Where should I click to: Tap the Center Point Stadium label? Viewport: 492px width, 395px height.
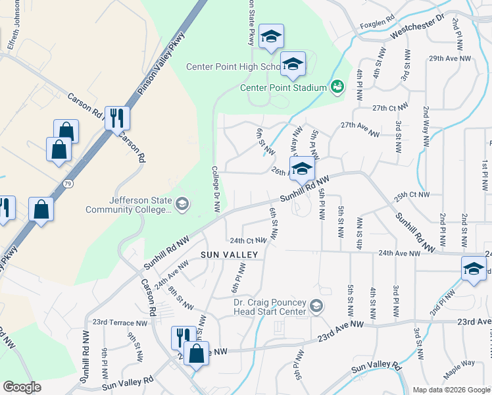pyautogui.click(x=283, y=88)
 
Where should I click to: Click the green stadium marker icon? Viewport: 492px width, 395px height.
pyautogui.click(x=337, y=86)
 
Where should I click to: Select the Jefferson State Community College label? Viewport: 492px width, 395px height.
pyautogui.click(x=128, y=205)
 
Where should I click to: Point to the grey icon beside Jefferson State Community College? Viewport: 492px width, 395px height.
pyautogui.click(x=182, y=205)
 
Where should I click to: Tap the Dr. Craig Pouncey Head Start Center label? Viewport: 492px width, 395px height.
pyautogui.click(x=270, y=307)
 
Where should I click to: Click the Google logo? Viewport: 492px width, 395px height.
pyautogui.click(x=22, y=387)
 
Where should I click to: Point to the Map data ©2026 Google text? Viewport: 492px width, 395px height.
pyautogui.click(x=451, y=390)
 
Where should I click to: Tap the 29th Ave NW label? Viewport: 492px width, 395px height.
pyautogui.click(x=450, y=59)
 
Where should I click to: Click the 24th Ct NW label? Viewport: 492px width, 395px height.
pyautogui.click(x=247, y=240)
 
